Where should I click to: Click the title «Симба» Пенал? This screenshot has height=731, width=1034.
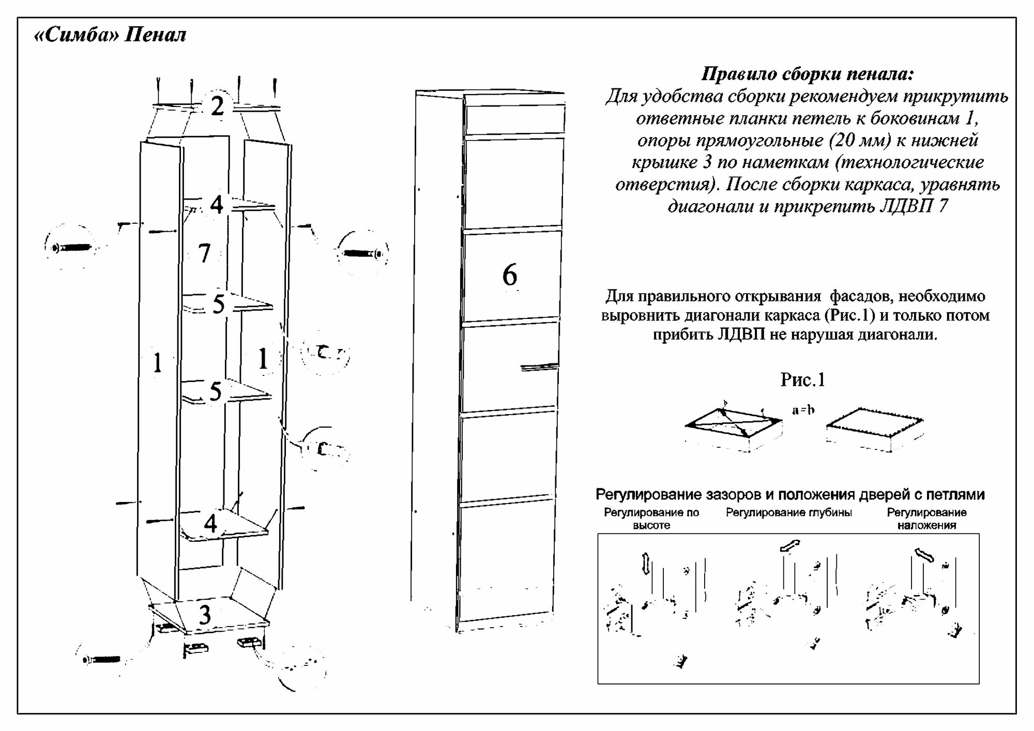click(110, 36)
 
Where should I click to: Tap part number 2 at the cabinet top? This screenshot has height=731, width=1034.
click(217, 106)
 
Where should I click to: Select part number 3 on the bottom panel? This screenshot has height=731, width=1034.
click(205, 615)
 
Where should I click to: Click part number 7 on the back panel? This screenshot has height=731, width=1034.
click(205, 253)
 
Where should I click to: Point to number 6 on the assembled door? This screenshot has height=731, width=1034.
click(510, 275)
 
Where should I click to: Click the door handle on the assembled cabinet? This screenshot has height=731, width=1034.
click(539, 367)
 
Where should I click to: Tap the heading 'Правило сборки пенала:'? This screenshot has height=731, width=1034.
click(807, 74)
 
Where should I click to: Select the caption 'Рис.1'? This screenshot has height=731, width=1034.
click(802, 380)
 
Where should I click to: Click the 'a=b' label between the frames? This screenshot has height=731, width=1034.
click(803, 410)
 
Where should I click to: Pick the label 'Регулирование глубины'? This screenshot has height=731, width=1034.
click(789, 512)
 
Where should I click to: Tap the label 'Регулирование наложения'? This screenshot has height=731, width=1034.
click(926, 519)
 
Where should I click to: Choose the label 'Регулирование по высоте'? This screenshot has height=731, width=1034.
click(651, 519)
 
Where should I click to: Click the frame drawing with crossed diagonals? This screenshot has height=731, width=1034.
click(733, 427)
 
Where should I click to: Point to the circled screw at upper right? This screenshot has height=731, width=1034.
click(363, 253)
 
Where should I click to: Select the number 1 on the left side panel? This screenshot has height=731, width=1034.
click(158, 363)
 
